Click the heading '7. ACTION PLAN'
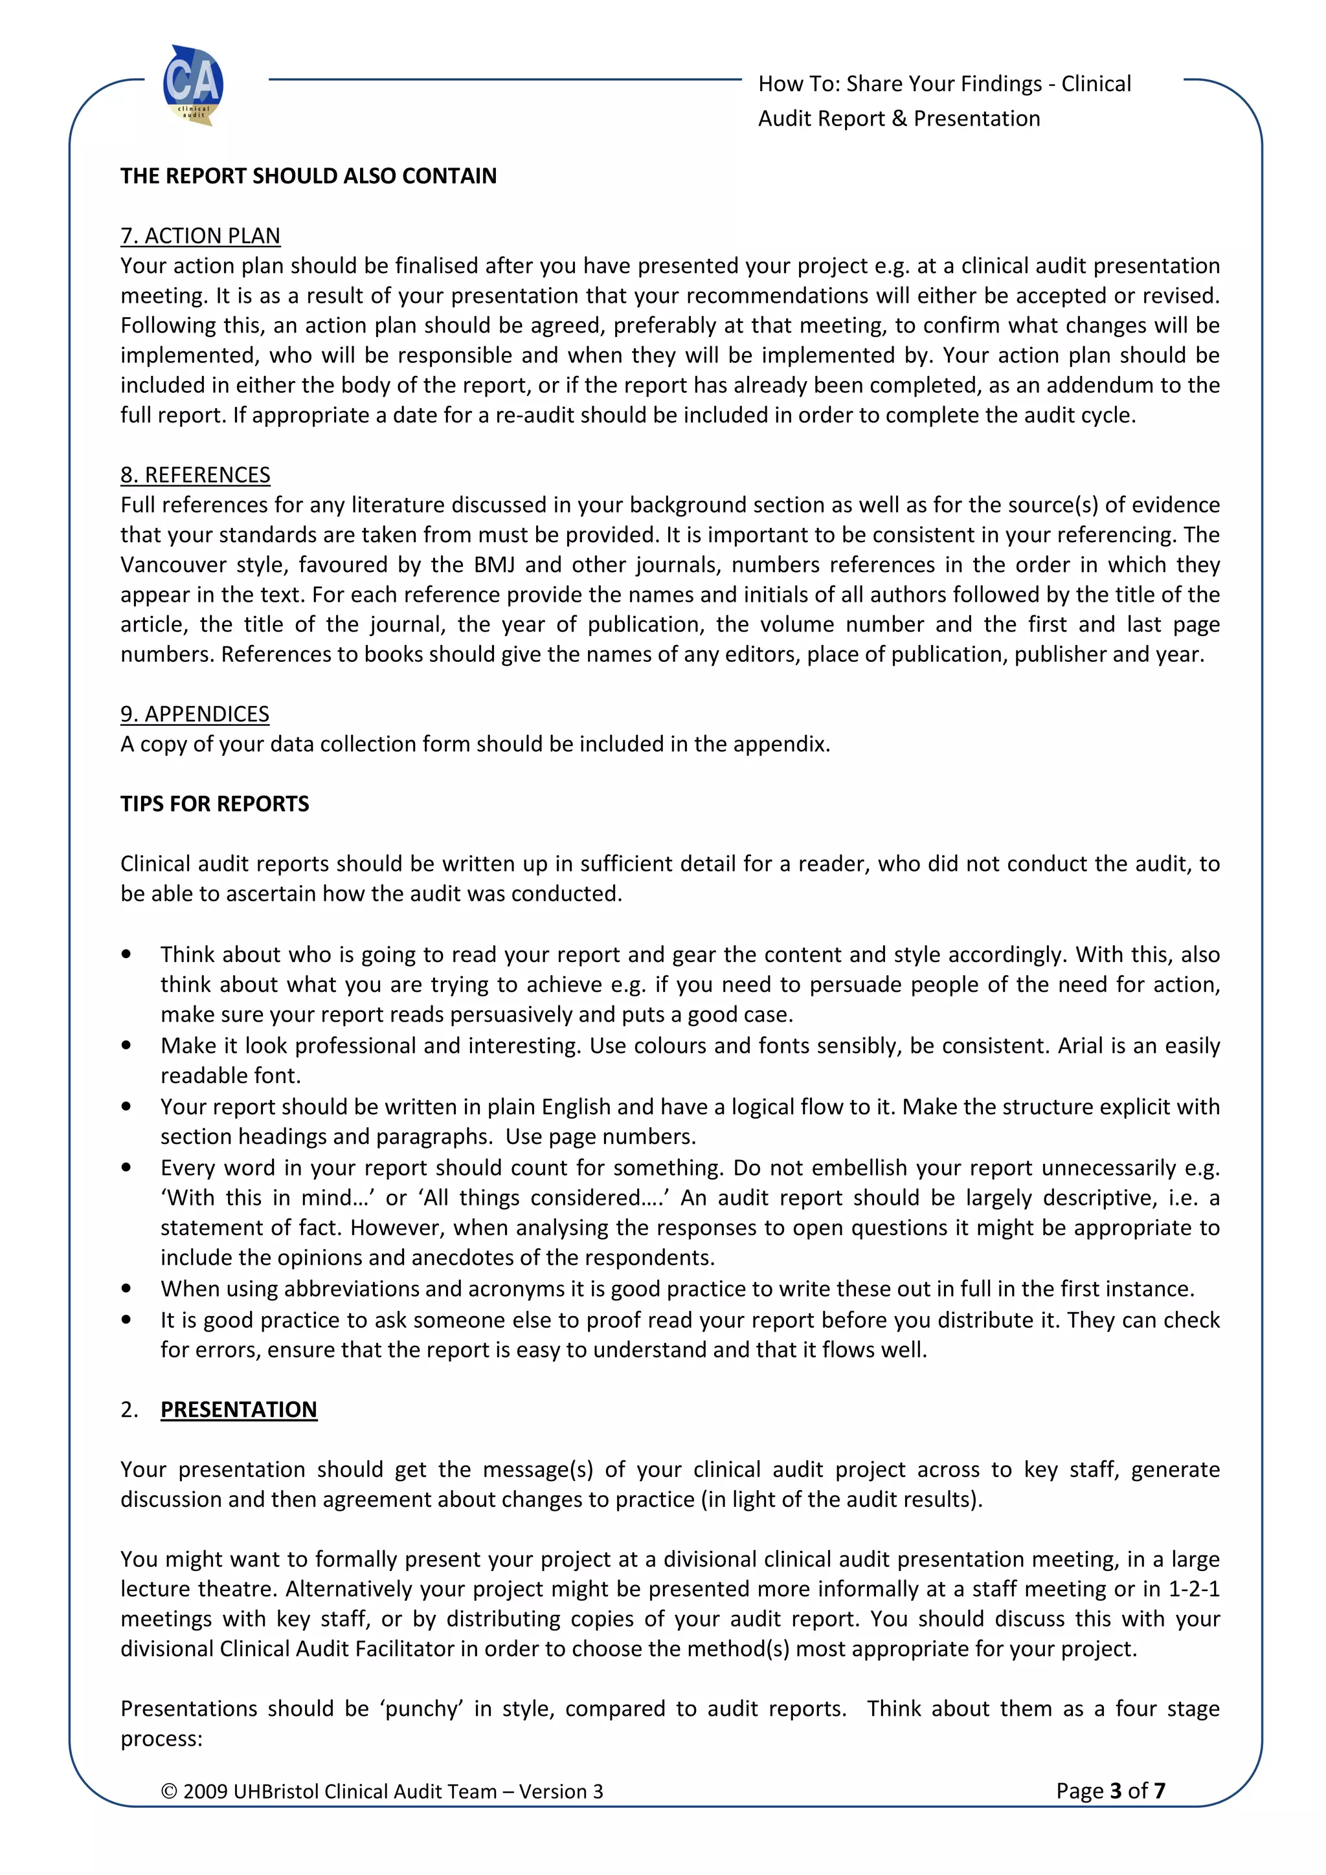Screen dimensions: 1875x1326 (200, 236)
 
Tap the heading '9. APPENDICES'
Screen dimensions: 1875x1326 (194, 714)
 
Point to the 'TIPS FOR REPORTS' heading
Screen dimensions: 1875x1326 (215, 804)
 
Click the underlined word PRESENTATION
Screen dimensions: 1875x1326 (238, 1410)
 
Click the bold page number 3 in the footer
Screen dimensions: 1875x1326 (1115, 1791)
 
